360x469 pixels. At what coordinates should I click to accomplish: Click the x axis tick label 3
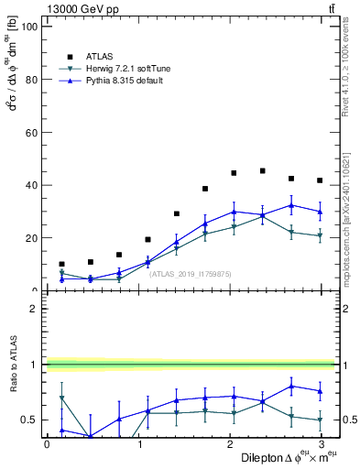tap(320, 444)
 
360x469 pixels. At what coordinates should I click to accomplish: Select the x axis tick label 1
tap(137, 444)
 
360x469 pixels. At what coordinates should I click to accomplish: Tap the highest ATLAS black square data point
tap(263, 170)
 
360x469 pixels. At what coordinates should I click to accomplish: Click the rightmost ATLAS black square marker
tap(320, 180)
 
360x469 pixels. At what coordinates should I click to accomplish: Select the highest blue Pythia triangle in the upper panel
tap(291, 205)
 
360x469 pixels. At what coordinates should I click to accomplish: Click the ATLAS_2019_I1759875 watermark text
tap(191, 273)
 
